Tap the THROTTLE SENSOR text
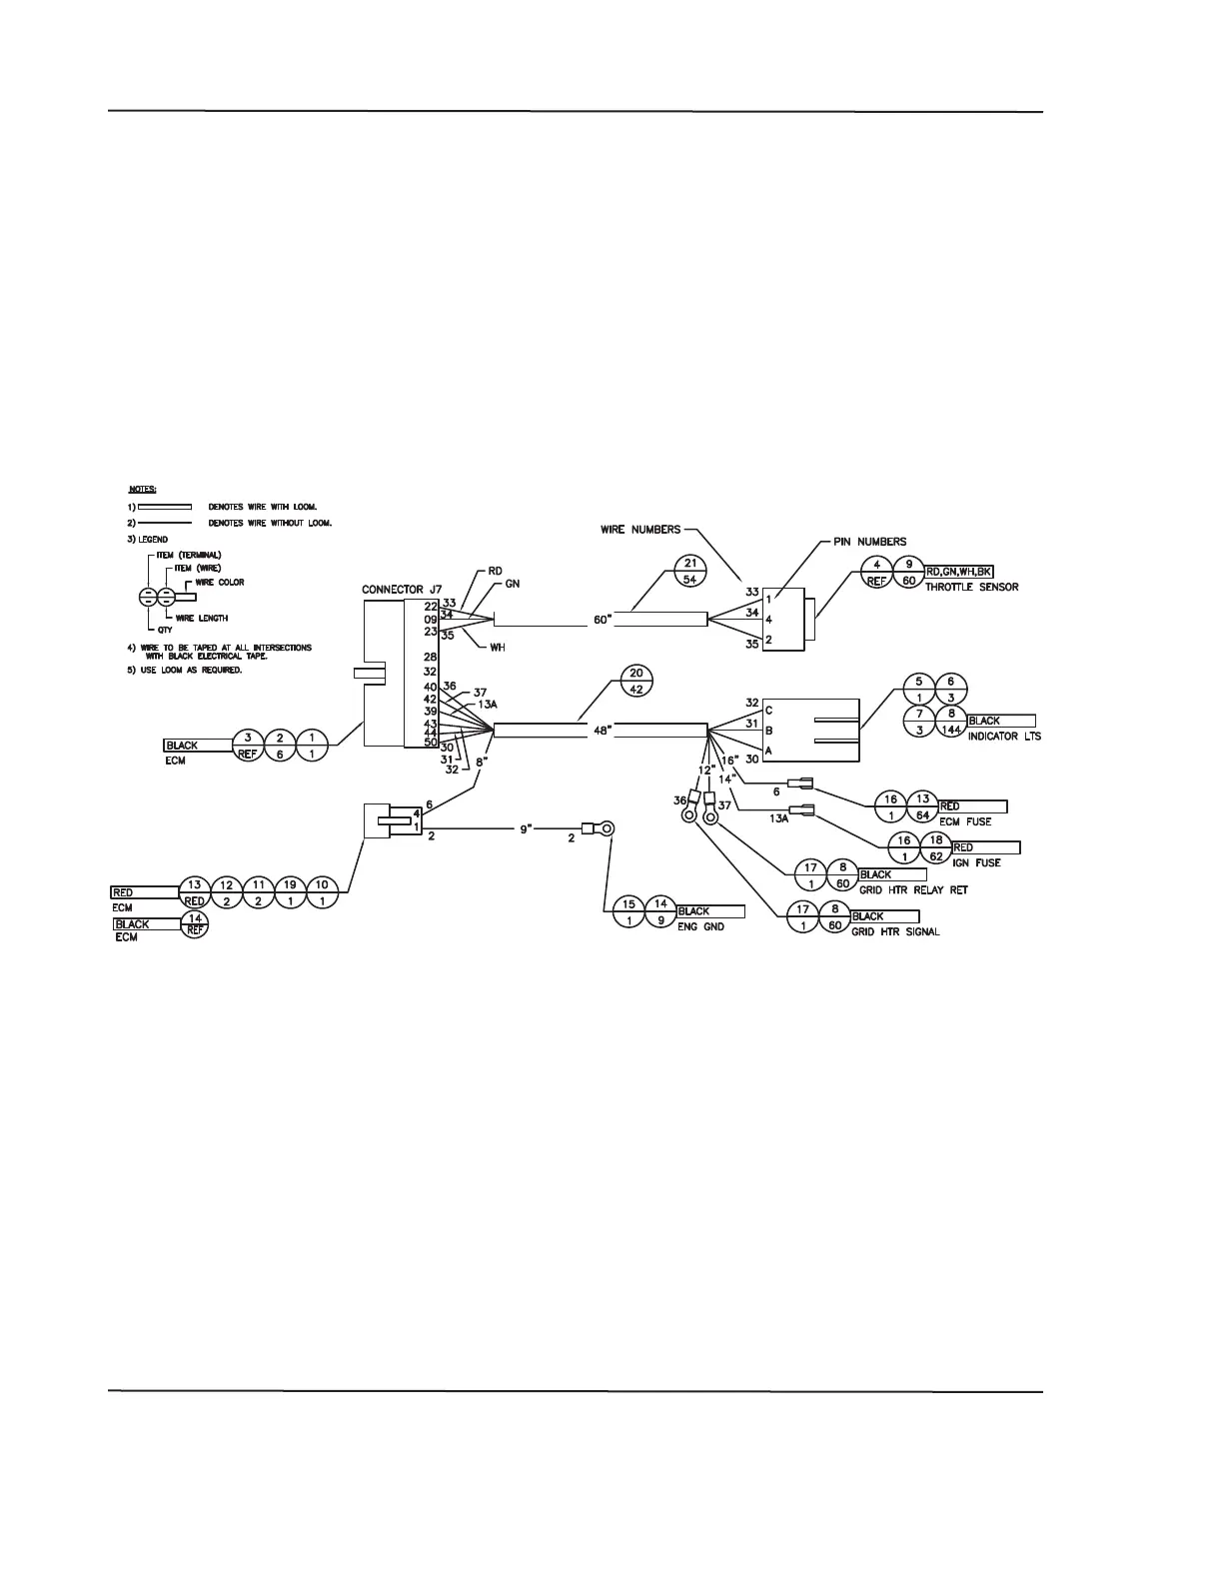971,587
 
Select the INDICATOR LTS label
1004,737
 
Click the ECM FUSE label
965,822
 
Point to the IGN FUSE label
976,862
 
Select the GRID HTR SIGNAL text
895,932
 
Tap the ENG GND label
700,927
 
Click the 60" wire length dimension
603,620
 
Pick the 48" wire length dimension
602,731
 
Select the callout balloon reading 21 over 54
689,569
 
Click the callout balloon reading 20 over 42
636,680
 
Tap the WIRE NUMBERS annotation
640,529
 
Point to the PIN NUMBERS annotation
869,542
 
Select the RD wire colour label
495,571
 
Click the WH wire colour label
497,647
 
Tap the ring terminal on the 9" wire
603,827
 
